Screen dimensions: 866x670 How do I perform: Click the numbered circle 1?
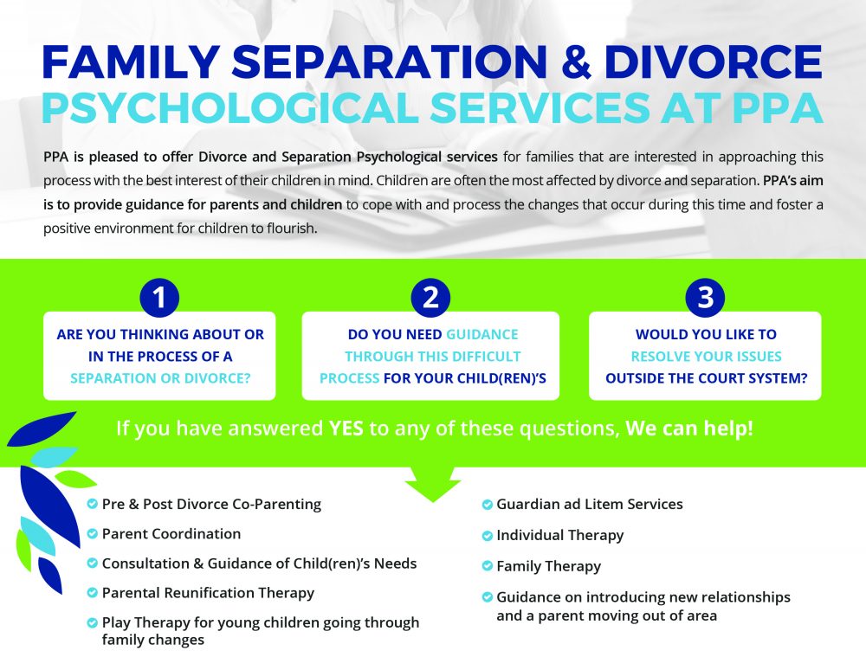pyautogui.click(x=159, y=298)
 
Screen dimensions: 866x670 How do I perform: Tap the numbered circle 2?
pyautogui.click(x=430, y=298)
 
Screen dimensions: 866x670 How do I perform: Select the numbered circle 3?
pyautogui.click(x=705, y=298)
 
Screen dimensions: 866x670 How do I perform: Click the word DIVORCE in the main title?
pyautogui.click(x=714, y=61)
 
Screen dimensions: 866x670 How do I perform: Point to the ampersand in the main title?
pyautogui.click(x=576, y=61)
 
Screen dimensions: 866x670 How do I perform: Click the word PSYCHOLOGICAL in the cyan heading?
pyautogui.click(x=230, y=107)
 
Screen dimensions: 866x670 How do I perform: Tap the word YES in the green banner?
pyautogui.click(x=346, y=428)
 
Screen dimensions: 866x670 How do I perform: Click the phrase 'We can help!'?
pyautogui.click(x=689, y=428)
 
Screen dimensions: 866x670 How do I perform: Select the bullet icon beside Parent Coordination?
pyautogui.click(x=93, y=534)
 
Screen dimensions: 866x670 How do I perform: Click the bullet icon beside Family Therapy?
pyautogui.click(x=487, y=566)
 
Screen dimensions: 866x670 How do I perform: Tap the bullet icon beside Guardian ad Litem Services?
pyautogui.click(x=487, y=505)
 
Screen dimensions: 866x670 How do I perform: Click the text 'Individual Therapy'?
pyautogui.click(x=560, y=535)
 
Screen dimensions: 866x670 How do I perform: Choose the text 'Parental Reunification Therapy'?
pyautogui.click(x=208, y=593)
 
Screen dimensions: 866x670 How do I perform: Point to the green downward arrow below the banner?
pyautogui.click(x=433, y=484)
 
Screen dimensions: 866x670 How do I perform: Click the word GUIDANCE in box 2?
pyautogui.click(x=482, y=334)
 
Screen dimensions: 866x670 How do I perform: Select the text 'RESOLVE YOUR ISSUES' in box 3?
pyautogui.click(x=707, y=357)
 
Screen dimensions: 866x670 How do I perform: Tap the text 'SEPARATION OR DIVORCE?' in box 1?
pyautogui.click(x=160, y=378)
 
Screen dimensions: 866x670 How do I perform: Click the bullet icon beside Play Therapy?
pyautogui.click(x=93, y=622)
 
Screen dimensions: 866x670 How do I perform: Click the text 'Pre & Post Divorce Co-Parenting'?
pyautogui.click(x=211, y=505)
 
